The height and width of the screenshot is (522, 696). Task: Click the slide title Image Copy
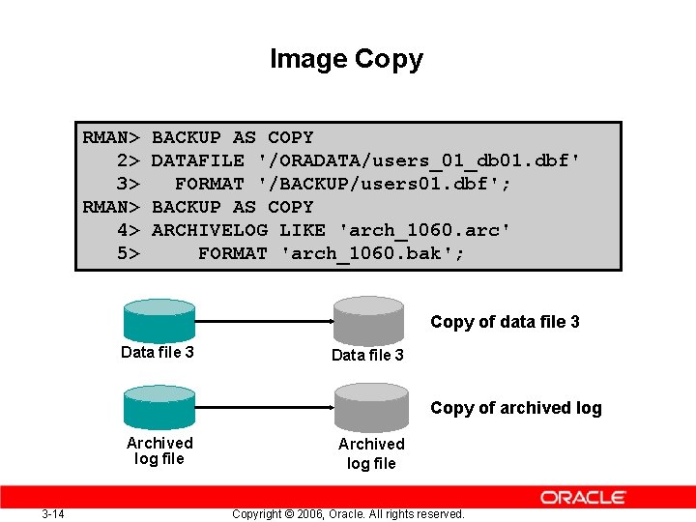pos(346,59)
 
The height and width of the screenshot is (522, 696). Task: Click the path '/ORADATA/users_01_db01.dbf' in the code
pos(419,160)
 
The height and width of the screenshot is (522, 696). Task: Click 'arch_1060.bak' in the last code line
pos(371,253)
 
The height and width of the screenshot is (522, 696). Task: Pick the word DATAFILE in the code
pos(198,160)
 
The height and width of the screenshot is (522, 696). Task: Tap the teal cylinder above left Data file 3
pos(159,320)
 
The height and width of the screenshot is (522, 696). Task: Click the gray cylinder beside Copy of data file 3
pos(368,320)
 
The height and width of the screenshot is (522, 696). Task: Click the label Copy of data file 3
pos(505,322)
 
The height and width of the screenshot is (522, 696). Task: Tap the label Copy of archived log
pos(516,408)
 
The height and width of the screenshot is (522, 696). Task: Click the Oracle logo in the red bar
pos(583,497)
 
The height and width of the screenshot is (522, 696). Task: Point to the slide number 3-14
pos(53,513)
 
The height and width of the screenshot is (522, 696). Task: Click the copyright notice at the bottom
pos(348,513)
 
